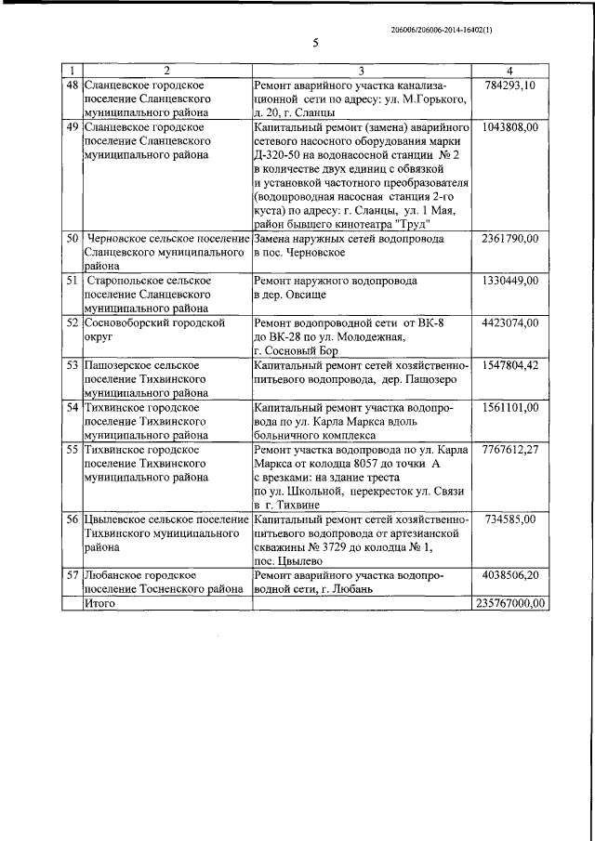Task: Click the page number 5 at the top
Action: click(316, 44)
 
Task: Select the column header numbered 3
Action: click(361, 72)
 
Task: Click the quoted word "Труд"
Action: click(410, 224)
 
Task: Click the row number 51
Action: click(71, 280)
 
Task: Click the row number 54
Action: click(71, 407)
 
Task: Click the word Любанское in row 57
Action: click(114, 575)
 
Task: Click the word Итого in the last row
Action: click(99, 603)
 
